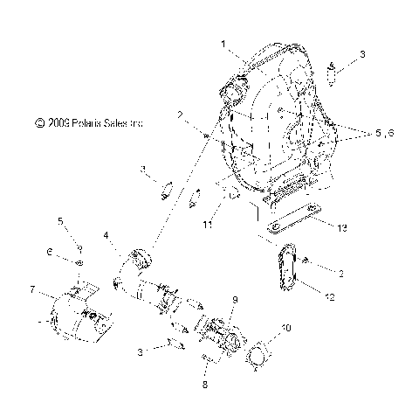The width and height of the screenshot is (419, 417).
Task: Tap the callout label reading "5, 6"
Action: pos(385,134)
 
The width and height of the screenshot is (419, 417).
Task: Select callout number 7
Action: pos(32,288)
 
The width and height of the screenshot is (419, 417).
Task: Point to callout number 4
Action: pos(106,235)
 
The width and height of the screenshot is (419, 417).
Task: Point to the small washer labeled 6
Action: pos(79,262)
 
